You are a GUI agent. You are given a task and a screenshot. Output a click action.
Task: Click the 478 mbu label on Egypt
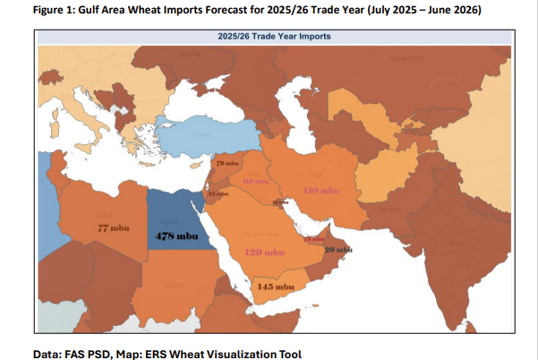click(176, 236)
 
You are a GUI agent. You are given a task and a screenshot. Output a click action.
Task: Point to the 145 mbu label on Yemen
click(276, 287)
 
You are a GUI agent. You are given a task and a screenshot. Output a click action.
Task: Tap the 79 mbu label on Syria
click(228, 165)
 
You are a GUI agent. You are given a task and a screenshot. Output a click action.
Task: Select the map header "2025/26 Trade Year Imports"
click(274, 37)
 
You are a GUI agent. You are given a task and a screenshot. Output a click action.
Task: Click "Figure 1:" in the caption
click(56, 10)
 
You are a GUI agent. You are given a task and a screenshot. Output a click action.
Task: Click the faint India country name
click(457, 242)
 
